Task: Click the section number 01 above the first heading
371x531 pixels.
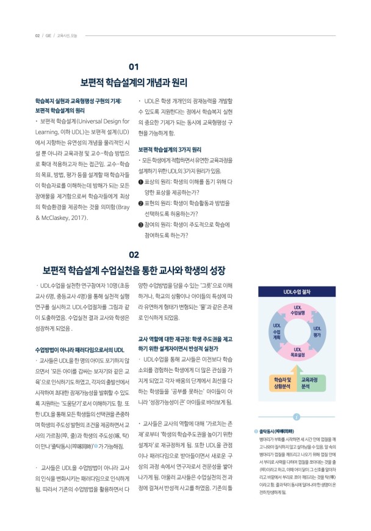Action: (134, 66)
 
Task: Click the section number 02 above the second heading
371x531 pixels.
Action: (134, 254)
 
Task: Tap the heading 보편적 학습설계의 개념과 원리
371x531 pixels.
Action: (134, 82)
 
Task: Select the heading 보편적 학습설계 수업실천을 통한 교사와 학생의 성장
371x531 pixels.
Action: (134, 269)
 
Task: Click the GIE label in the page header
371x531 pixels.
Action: (48, 35)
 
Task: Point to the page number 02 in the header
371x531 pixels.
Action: (37, 35)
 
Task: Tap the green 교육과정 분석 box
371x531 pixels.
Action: (313, 383)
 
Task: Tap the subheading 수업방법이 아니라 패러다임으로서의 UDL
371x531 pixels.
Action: (80, 349)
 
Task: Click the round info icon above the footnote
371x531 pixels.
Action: (295, 417)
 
